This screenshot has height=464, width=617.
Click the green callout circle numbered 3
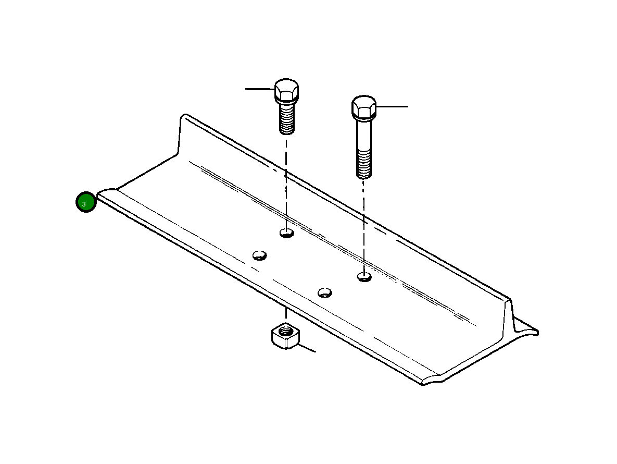pos(86,202)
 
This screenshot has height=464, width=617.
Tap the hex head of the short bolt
pos(286,90)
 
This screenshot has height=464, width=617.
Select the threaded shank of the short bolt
pos(287,118)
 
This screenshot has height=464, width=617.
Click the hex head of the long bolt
pos(364,107)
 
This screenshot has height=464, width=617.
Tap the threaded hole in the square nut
pos(285,330)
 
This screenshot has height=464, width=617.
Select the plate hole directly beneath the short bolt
pos(287,233)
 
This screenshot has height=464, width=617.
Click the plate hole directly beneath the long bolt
pos(364,276)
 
